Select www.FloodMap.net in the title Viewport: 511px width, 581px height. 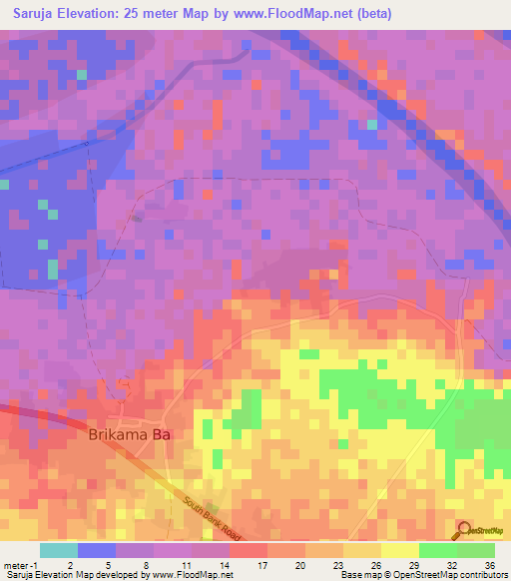tap(302, 14)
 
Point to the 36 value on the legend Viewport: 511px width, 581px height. tap(489, 564)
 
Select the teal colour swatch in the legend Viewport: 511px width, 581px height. tap(59, 550)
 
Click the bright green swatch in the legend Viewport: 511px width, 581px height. tap(438, 550)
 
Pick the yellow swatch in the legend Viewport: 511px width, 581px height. tap(400, 550)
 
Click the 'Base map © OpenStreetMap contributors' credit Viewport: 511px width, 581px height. tap(422, 575)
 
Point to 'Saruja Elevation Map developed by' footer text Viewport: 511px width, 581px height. tap(72, 575)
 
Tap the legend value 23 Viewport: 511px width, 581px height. tap(338, 564)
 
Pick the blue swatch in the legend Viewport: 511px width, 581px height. tap(97, 550)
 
